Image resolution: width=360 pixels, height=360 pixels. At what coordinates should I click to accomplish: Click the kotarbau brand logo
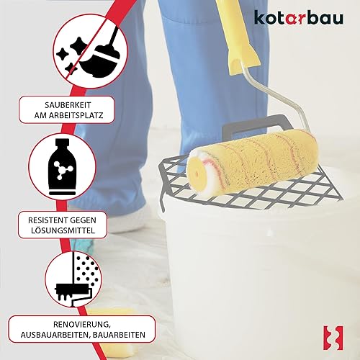pos(299,17)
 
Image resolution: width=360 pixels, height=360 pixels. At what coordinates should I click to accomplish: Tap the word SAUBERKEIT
pos(68,105)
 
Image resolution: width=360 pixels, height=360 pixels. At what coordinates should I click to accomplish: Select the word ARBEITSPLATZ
pos(76,115)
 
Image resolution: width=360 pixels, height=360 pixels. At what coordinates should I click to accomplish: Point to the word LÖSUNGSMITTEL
pos(63,230)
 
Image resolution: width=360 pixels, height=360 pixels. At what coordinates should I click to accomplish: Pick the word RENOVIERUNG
pos(82,325)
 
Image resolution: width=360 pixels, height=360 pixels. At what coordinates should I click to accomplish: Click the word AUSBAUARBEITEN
pos(55,335)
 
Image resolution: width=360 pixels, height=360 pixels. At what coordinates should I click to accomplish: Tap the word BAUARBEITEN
pos(119,335)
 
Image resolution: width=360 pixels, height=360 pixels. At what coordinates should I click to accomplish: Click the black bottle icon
pos(62,167)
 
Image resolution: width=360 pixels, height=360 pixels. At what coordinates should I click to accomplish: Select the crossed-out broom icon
pos(90,51)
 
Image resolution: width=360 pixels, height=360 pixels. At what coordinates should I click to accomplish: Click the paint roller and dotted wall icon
pos(73,279)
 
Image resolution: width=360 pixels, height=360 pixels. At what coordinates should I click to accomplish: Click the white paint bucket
pos(259,276)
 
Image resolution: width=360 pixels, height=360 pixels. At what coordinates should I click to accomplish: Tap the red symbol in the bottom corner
pos(333,338)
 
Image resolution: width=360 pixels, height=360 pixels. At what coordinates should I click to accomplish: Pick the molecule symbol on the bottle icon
pos(63,170)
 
